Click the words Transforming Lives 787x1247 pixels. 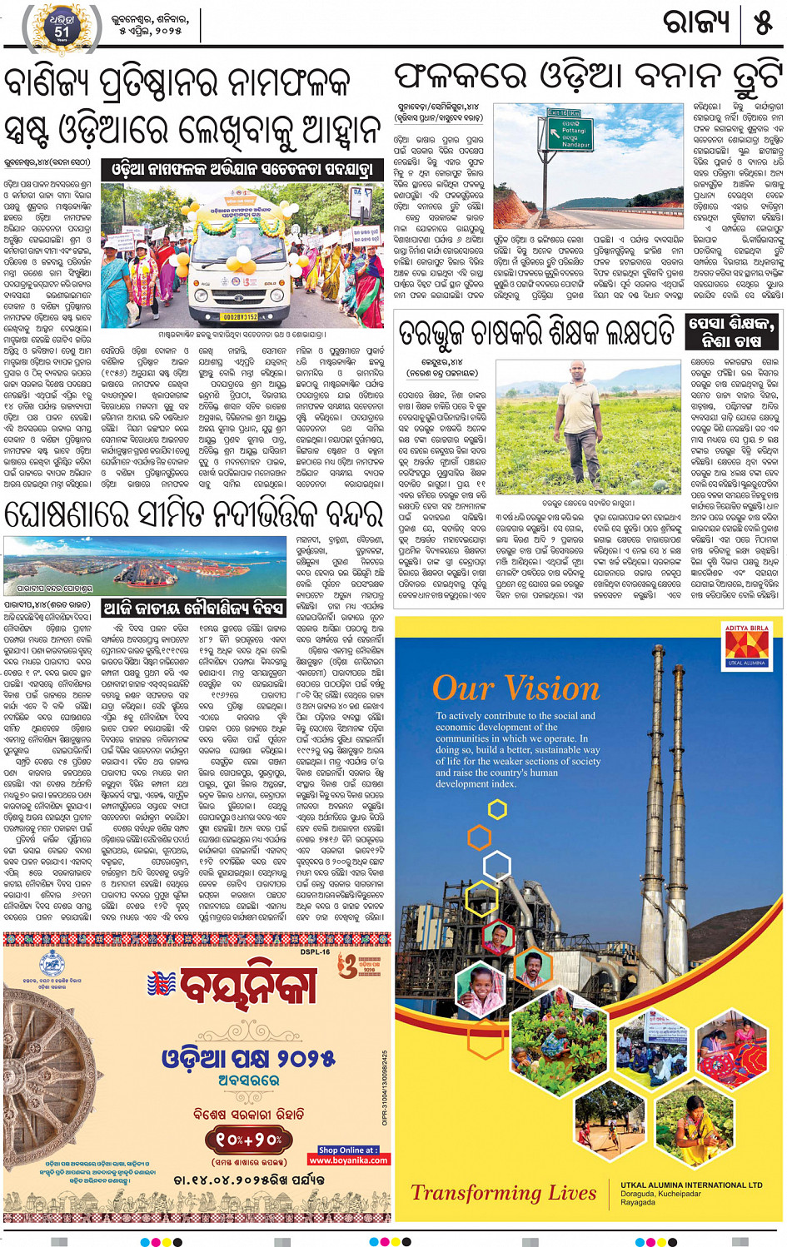tap(504, 1193)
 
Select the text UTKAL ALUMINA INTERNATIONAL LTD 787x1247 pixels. tap(691, 1185)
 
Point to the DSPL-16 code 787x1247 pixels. tap(316, 951)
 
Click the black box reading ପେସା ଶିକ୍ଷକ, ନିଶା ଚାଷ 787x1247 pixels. tap(732, 331)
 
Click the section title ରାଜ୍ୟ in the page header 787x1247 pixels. tap(696, 22)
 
